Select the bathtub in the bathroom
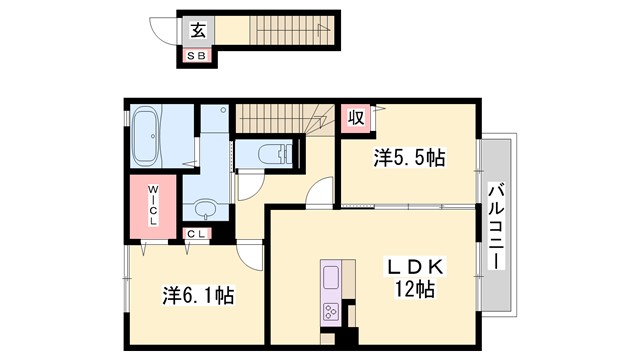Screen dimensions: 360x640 [151, 139]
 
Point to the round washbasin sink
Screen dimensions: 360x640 [205, 210]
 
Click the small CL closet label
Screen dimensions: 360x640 [197, 233]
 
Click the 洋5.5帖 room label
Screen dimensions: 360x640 [410, 157]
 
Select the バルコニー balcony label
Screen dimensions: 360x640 [496, 224]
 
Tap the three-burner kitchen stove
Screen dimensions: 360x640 [331, 313]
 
